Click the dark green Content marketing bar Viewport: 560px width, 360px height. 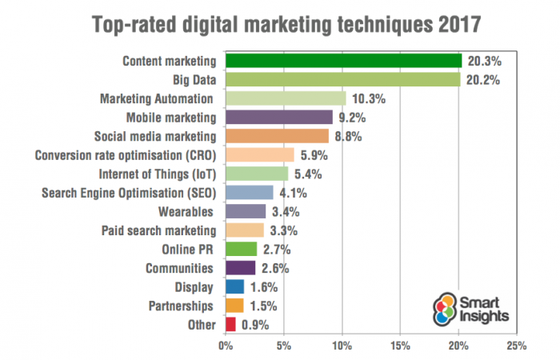click(344, 61)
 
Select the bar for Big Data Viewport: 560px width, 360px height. click(343, 79)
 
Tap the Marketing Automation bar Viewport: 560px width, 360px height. click(286, 98)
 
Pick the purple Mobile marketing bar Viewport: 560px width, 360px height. click(279, 117)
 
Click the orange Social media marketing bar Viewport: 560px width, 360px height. click(277, 136)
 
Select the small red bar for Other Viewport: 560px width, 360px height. click(230, 324)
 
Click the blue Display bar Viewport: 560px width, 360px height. click(235, 286)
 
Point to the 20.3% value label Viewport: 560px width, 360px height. click(483, 61)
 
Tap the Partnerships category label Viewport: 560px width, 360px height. click(180, 306)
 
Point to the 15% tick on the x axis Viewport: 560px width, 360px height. click(401, 346)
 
